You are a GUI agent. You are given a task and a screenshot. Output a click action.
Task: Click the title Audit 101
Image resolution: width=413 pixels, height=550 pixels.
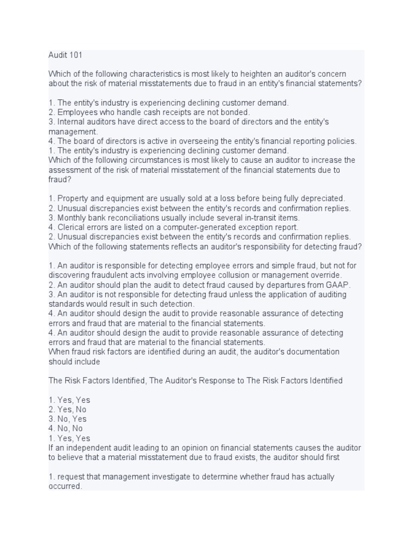pos(65,55)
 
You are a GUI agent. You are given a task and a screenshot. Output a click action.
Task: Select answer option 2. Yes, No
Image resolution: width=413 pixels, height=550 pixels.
pos(67,409)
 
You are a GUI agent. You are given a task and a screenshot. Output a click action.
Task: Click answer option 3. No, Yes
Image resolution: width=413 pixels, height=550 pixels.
pos(67,419)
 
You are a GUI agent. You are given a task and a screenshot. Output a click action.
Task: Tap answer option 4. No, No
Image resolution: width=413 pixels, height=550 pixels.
pos(66,429)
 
